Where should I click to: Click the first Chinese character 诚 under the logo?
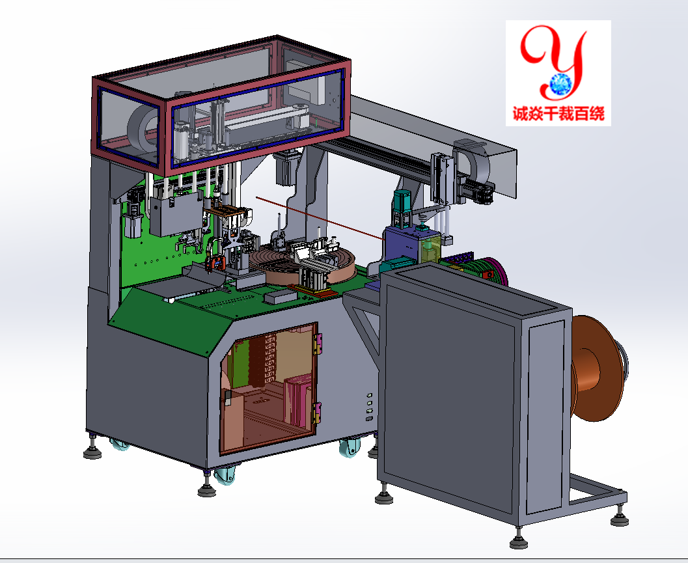click(521, 114)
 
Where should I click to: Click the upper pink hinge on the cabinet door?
click(318, 344)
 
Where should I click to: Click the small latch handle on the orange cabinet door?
click(228, 397)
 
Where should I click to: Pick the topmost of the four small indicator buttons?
click(370, 395)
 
